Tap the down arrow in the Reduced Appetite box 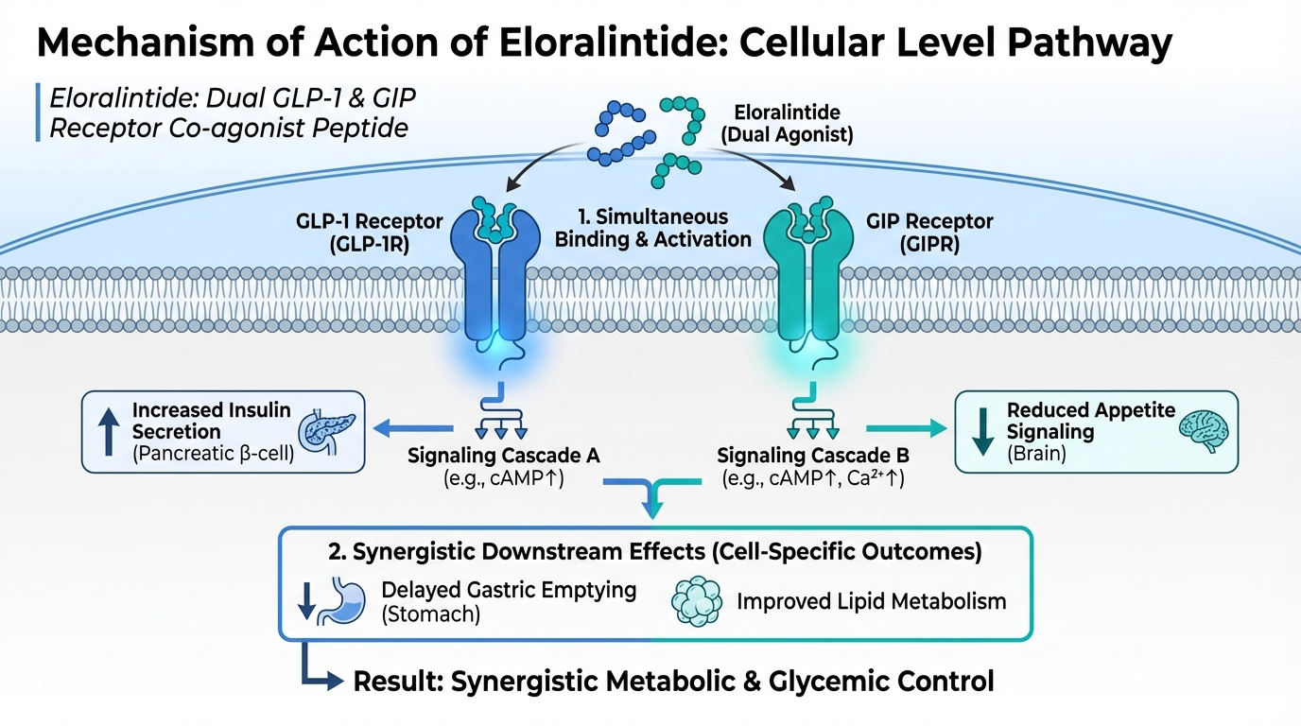(982, 430)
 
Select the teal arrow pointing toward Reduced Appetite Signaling (902, 428)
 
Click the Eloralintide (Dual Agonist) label (787, 124)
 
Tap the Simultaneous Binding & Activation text (652, 228)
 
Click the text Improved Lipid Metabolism (871, 601)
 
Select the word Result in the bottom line (392, 681)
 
